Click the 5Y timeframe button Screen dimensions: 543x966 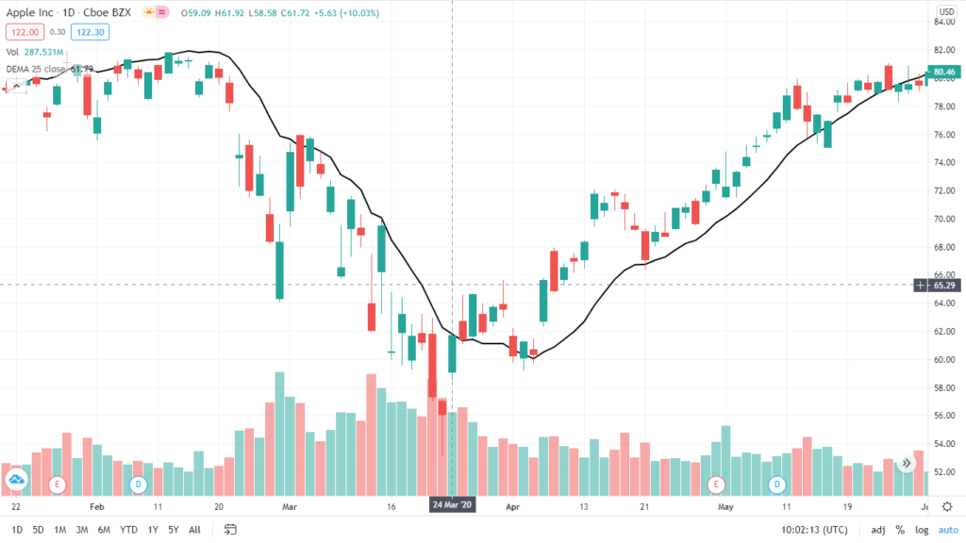tap(173, 530)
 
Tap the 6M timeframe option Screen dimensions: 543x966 tap(104, 530)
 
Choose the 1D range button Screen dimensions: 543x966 tap(17, 530)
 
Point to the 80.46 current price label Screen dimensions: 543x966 tap(942, 71)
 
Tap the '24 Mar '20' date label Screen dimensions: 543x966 tap(453, 504)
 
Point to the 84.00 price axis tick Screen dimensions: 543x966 tap(942, 22)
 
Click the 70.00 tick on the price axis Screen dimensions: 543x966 tap(942, 219)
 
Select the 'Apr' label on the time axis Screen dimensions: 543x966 tap(513, 505)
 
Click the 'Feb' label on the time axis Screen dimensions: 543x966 tap(94, 505)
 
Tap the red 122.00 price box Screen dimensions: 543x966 tap(20, 32)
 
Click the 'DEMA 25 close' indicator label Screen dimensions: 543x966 tap(40, 69)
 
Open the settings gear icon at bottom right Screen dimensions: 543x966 tap(947, 506)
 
